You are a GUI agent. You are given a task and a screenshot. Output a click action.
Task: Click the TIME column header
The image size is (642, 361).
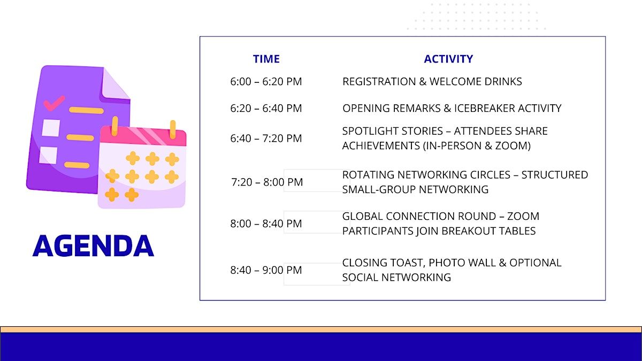pos(266,59)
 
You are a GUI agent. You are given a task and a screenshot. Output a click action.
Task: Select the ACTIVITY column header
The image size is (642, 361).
pos(448,59)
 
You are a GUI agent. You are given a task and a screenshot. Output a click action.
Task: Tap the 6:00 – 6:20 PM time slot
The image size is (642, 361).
pos(266,81)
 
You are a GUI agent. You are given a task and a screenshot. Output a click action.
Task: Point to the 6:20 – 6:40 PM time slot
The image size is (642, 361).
pos(266,108)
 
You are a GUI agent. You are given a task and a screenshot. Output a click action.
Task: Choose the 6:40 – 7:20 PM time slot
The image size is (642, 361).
pos(266,138)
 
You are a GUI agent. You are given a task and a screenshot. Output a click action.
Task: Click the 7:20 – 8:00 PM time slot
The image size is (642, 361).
pos(267,182)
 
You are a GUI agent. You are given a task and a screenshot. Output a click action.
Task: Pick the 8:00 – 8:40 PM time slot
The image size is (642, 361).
pos(266,224)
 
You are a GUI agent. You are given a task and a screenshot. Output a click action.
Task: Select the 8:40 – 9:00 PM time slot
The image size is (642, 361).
pos(266,270)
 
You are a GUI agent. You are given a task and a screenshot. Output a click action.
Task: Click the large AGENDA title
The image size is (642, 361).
pos(93,245)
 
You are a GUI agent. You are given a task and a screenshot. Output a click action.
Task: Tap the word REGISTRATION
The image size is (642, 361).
pos(379,81)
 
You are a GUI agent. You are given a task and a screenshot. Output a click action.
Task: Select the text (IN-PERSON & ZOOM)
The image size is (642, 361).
pos(477,145)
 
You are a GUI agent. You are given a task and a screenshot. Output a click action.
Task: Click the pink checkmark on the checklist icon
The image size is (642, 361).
pos(54,103)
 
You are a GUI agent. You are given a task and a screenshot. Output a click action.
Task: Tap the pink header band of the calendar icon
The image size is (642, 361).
pos(143,136)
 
